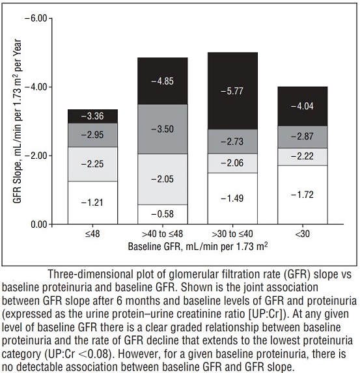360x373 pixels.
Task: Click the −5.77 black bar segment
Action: pos(232,91)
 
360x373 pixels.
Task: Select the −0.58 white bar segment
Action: pos(163,214)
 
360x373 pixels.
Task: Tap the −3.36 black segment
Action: pos(93,117)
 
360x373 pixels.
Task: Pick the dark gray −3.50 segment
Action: pos(163,129)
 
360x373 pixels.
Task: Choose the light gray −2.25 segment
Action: pos(93,164)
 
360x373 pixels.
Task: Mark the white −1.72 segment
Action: pos(303,195)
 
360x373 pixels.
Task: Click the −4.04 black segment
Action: pos(303,106)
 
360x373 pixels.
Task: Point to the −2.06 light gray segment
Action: pos(232,163)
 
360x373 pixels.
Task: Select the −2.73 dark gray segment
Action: pos(232,141)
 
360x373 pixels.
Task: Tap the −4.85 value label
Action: pos(163,81)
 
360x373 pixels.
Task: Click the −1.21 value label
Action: pos(92,202)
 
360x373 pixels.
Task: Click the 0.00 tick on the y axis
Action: pos(38,225)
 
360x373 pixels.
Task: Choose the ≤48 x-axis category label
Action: pos(92,234)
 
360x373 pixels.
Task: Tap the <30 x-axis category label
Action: pos(303,234)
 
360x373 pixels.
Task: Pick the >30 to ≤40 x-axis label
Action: pos(232,234)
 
